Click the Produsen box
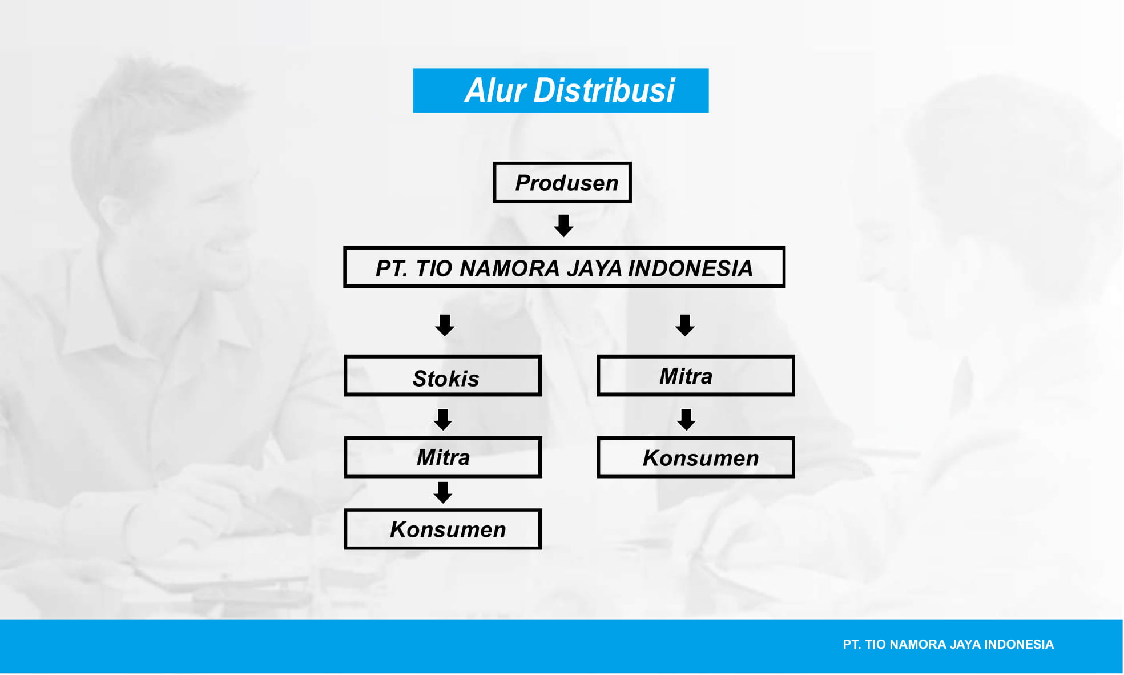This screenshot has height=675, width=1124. tap(562, 183)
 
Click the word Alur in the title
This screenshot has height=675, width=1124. tap(495, 90)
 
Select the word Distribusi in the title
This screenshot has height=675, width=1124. tap(604, 90)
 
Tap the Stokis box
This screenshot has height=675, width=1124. tap(443, 376)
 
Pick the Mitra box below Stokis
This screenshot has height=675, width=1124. tap(443, 457)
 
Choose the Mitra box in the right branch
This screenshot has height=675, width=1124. tap(696, 376)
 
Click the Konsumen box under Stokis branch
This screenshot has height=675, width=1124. tap(443, 529)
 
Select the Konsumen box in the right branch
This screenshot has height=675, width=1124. tap(696, 457)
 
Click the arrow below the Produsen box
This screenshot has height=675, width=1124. tap(563, 226)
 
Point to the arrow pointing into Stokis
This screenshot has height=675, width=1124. tap(445, 325)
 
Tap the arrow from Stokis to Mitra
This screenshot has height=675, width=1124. tap(443, 419)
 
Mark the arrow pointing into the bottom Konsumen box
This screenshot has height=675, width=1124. tap(443, 492)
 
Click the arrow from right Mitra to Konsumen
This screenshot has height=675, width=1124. tap(686, 419)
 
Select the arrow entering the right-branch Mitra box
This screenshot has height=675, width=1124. tap(684, 325)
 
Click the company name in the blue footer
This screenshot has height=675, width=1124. tap(948, 645)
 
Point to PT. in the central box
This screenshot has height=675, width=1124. tap(392, 268)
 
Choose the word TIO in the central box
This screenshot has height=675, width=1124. tap(434, 268)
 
